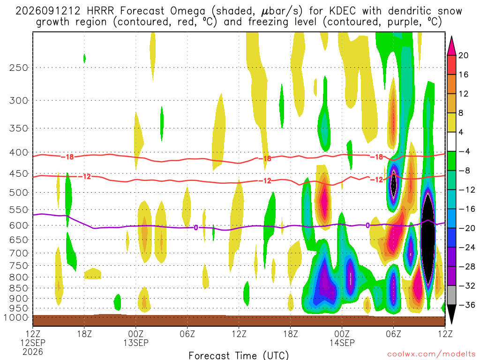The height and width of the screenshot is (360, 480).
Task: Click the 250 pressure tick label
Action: (19, 67)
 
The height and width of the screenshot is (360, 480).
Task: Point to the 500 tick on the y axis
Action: (19, 193)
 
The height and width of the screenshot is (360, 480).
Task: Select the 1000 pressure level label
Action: (16, 317)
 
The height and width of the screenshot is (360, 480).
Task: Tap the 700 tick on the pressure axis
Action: (19, 253)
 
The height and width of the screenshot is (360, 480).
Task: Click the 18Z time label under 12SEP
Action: (84, 334)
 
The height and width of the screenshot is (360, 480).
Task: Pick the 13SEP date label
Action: (136, 343)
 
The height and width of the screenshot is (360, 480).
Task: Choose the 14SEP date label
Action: (342, 343)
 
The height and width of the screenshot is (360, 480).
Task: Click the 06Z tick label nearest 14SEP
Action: (393, 334)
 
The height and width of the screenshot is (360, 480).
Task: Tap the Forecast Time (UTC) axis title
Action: (239, 355)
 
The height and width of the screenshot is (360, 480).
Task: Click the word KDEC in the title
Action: (343, 11)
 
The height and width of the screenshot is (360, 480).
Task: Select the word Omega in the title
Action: (187, 12)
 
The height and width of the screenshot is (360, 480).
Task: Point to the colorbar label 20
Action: (463, 55)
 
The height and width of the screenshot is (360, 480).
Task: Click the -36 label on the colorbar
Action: (466, 305)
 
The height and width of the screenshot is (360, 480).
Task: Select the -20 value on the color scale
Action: (466, 228)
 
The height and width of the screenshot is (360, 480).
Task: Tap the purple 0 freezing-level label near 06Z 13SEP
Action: (196, 227)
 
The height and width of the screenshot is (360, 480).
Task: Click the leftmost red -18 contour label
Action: (67, 157)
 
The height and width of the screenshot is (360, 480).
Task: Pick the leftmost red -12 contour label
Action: (84, 177)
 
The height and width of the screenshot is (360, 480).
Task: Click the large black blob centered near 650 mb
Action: (428, 239)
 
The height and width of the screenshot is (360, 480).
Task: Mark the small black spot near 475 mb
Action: (394, 184)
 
